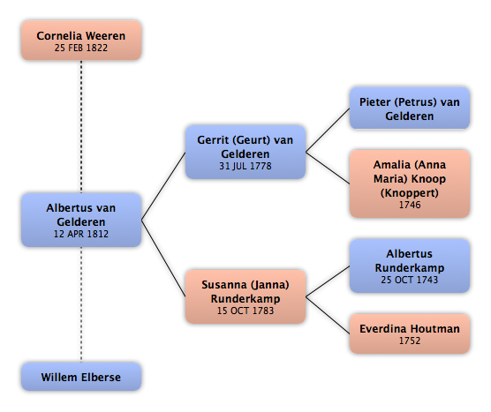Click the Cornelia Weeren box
pyautogui.click(x=81, y=41)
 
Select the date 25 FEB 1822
pyautogui.click(x=81, y=48)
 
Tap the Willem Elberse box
pyautogui.click(x=81, y=377)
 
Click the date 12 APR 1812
pyautogui.click(x=81, y=234)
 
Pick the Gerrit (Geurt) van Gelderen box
pyautogui.click(x=245, y=152)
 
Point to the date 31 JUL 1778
pyautogui.click(x=245, y=166)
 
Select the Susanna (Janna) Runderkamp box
pyautogui.click(x=245, y=296)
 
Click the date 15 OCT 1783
pyautogui.click(x=245, y=311)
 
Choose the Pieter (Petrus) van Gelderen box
pyautogui.click(x=410, y=108)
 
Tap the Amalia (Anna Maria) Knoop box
pyautogui.click(x=410, y=184)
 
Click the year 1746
pyautogui.click(x=410, y=205)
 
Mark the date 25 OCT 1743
pyautogui.click(x=410, y=280)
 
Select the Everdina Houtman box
pyautogui.click(x=410, y=333)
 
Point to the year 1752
pyautogui.click(x=410, y=341)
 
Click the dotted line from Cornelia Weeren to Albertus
pyautogui.click(x=81, y=127)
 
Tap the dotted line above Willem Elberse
pyautogui.click(x=81, y=304)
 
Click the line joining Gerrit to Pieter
pyautogui.click(x=328, y=131)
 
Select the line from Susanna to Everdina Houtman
pyautogui.click(x=328, y=315)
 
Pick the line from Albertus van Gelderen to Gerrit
pyautogui.click(x=163, y=186)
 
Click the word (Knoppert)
pyautogui.click(x=410, y=193)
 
